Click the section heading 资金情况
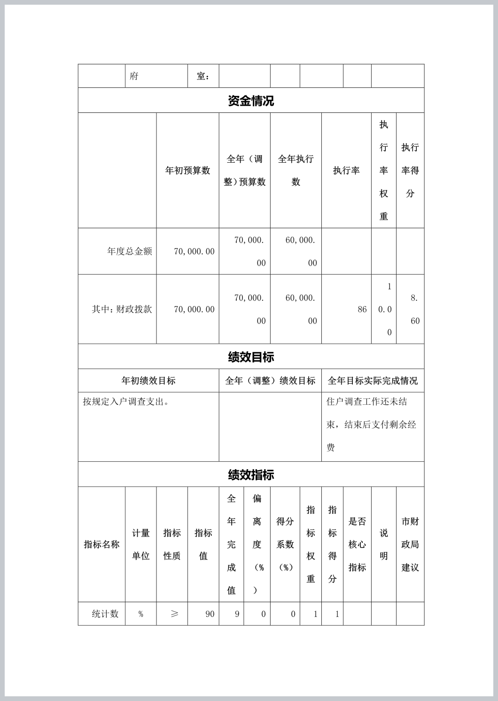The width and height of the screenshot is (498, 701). coord(251,101)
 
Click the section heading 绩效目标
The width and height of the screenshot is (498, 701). coord(251,357)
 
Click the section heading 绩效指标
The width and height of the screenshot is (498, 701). coord(251,474)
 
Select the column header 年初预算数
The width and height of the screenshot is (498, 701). coord(187,171)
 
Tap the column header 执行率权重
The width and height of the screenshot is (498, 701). coord(384,170)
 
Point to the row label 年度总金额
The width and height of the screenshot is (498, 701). coord(129,252)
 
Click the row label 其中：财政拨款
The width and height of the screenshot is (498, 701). coord(122,309)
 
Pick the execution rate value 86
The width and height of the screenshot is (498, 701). coord(362,309)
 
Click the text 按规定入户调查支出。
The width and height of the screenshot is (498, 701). coord(126,402)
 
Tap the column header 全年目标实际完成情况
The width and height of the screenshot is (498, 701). coord(373,381)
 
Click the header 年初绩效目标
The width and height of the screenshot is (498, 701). coord(148,381)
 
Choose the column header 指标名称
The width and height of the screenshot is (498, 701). coord(101,544)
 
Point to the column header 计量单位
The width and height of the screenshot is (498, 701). coord(140,544)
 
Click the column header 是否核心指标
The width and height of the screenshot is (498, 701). coord(357,544)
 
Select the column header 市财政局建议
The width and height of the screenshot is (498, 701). coord(410,544)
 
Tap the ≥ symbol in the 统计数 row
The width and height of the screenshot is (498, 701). coord(174,614)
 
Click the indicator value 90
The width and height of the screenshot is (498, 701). coord(210,614)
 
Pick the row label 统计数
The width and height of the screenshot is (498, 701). coord(105,614)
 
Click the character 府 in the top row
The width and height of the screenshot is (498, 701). coord(134,76)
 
